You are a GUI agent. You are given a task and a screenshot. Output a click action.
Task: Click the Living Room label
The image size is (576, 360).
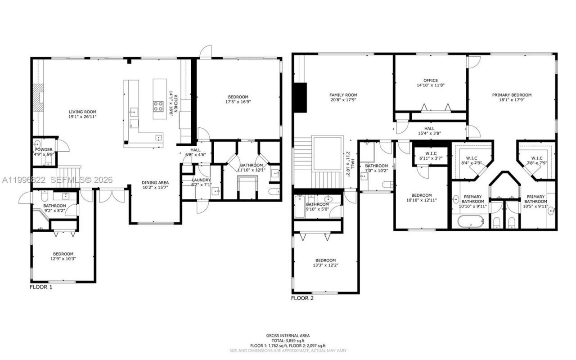coord(82,112)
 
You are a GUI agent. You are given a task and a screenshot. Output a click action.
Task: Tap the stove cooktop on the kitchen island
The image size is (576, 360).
coord(159,106)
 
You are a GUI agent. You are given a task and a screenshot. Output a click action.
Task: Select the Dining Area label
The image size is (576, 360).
coord(157,183)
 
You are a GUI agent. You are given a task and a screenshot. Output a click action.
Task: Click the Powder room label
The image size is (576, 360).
coord(44,149)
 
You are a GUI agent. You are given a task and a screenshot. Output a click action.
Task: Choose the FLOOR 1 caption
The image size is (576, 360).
coord(41,287)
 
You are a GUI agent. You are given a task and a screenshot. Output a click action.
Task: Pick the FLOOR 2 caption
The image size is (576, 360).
coord(302,298)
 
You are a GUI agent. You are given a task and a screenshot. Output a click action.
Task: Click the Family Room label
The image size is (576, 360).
coord(343,95)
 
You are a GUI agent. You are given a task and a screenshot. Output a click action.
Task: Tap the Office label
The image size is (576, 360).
coord(430,81)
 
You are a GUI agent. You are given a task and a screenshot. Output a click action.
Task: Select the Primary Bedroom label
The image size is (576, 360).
coord(512,95)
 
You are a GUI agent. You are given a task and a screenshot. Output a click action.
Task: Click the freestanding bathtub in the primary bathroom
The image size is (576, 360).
coord(471,222)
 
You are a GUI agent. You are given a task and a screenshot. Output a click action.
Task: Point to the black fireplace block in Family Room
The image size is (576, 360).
coord(300,98)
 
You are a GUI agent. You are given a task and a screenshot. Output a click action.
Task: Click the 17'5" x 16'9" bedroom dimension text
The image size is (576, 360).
coord(238,102)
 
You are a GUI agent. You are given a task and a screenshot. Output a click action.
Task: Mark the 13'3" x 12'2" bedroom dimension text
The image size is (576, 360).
coord(325,265)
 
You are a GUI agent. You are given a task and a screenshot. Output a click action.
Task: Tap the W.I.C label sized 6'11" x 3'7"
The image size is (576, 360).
coord(431,156)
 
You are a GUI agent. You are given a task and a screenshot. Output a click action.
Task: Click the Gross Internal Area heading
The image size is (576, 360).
coord(288,336)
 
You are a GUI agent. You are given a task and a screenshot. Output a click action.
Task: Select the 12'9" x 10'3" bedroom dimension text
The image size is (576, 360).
coord(63,259)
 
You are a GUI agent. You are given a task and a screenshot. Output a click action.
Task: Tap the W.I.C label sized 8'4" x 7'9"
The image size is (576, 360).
coord(471,158)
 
